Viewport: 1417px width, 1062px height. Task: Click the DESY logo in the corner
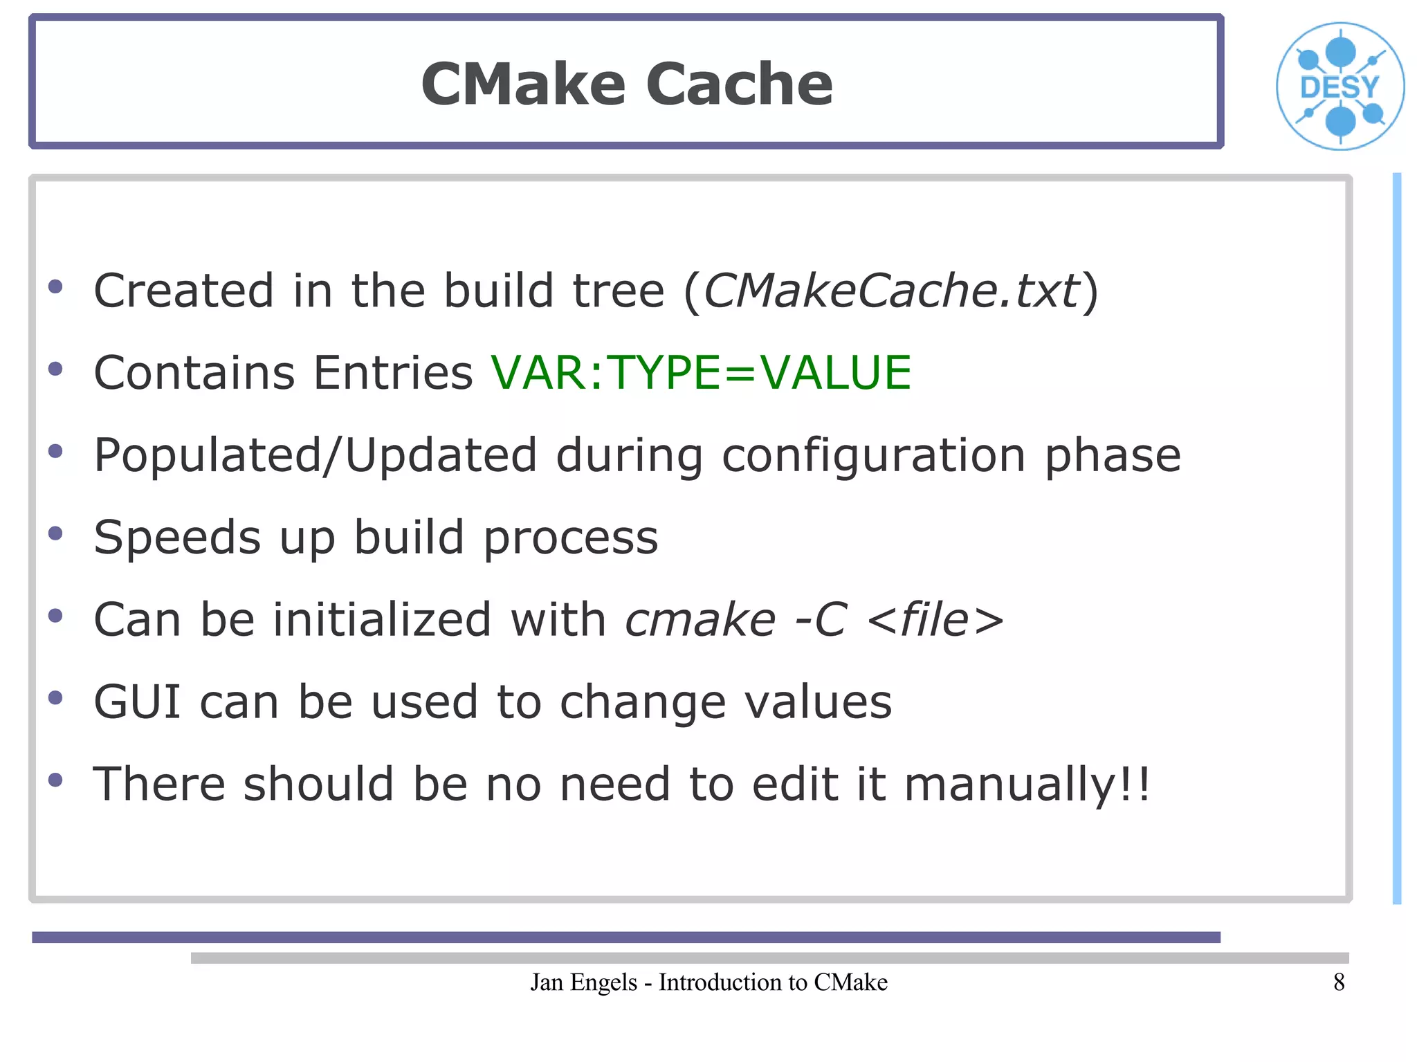[1340, 86]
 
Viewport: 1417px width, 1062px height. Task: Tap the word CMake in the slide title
[523, 84]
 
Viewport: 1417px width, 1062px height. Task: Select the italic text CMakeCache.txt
[890, 291]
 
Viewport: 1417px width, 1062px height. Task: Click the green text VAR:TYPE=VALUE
[701, 373]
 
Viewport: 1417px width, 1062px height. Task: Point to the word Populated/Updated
[315, 456]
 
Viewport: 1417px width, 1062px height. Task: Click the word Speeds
[177, 538]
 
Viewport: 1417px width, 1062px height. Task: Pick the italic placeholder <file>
[935, 619]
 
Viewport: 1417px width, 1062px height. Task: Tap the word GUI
[137, 702]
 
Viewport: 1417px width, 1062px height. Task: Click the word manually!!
[1027, 785]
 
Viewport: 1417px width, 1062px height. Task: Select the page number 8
[1339, 982]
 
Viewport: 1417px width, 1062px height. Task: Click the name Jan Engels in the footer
[583, 982]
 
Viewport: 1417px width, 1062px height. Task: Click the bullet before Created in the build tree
[56, 286]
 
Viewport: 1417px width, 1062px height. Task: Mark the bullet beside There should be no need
[56, 780]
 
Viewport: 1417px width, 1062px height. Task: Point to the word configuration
[873, 456]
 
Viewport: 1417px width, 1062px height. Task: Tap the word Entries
[392, 373]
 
